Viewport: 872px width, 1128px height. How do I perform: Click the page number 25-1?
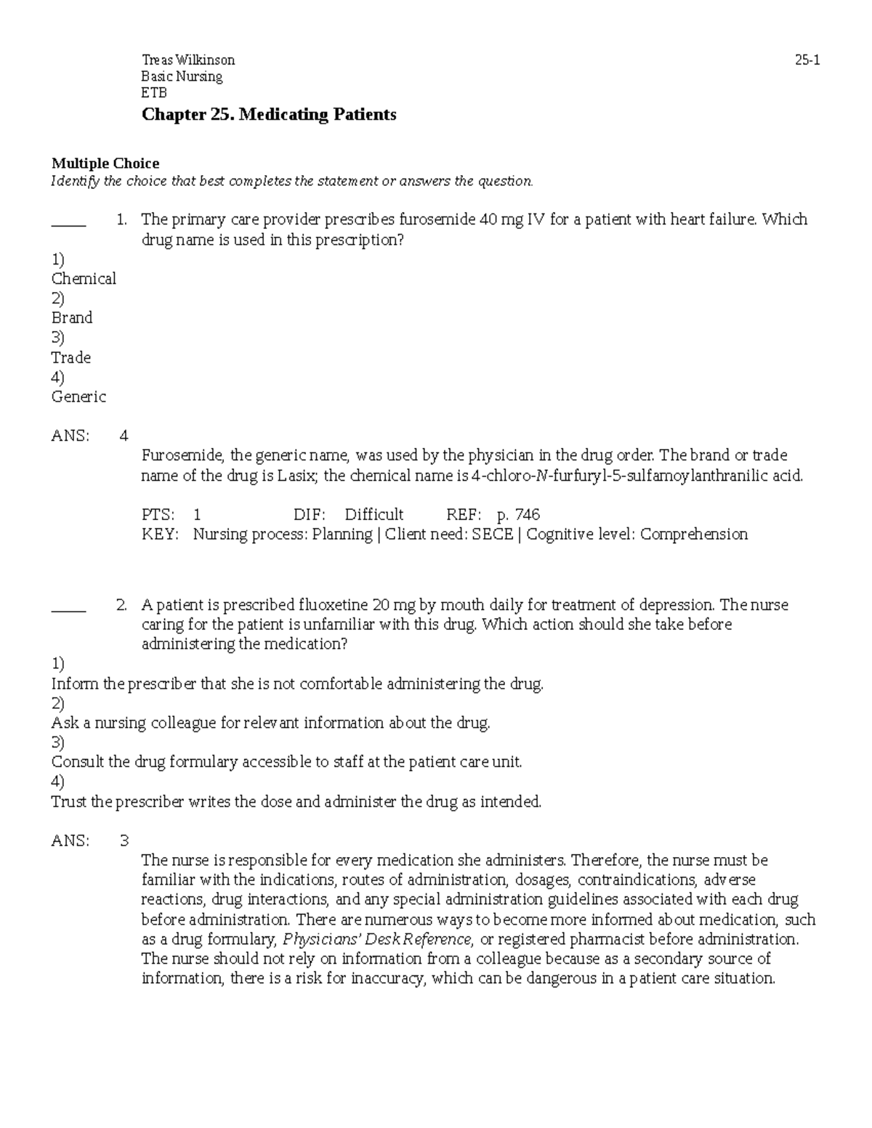[x=807, y=61]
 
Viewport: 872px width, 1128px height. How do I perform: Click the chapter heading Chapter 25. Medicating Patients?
[x=269, y=115]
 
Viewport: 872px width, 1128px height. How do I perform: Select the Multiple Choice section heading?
[x=105, y=163]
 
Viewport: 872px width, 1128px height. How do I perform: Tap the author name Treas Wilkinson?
[x=188, y=61]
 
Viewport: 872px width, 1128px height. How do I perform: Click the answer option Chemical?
[x=84, y=279]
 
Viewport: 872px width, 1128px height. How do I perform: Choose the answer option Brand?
[x=72, y=318]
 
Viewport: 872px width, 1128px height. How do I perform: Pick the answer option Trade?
[x=71, y=357]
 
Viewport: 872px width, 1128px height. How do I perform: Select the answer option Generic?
[x=78, y=397]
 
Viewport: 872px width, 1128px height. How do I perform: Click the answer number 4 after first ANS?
[x=124, y=436]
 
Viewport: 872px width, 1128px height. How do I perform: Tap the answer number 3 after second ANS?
[x=124, y=841]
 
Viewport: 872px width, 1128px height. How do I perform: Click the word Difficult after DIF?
[x=374, y=515]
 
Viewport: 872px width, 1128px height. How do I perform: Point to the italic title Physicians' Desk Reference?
[x=379, y=939]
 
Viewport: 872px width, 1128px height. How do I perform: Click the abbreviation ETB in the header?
[x=154, y=93]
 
